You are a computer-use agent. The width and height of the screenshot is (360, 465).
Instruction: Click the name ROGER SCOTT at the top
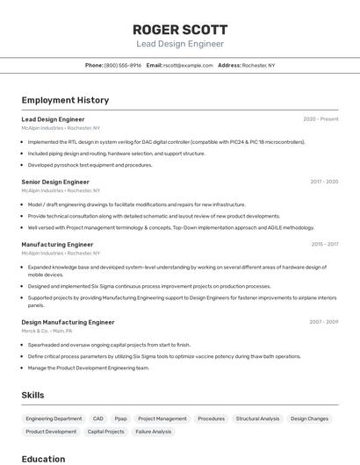pyautogui.click(x=179, y=29)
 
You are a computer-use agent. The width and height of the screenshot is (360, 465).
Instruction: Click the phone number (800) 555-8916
pyautogui.click(x=122, y=65)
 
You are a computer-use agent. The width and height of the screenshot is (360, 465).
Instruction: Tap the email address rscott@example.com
pyautogui.click(x=188, y=65)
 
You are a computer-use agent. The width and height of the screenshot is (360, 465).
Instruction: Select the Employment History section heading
pyautogui.click(x=65, y=100)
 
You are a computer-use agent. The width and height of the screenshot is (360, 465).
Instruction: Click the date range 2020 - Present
pyautogui.click(x=320, y=118)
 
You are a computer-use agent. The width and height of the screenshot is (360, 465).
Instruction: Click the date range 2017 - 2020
pyautogui.click(x=324, y=182)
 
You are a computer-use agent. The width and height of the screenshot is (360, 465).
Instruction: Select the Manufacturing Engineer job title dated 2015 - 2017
pyautogui.click(x=57, y=245)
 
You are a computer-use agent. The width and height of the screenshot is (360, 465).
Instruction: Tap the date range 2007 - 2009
pyautogui.click(x=324, y=322)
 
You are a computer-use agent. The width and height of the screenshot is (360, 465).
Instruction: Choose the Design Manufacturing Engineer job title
pyautogui.click(x=68, y=322)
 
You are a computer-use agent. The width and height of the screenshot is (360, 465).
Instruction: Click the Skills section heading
pyautogui.click(x=32, y=395)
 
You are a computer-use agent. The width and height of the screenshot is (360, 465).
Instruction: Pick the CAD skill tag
pyautogui.click(x=97, y=418)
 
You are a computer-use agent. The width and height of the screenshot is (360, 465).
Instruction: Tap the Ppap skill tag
pyautogui.click(x=121, y=418)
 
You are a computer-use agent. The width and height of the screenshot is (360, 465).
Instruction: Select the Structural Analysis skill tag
pyautogui.click(x=257, y=418)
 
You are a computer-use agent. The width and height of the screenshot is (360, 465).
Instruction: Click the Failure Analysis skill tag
pyautogui.click(x=153, y=432)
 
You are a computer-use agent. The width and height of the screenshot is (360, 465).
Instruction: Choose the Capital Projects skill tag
pyautogui.click(x=106, y=432)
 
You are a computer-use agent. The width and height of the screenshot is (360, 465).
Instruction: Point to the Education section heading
pyautogui.click(x=43, y=458)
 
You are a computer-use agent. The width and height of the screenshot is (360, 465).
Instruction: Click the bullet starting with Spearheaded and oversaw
pyautogui.click(x=109, y=345)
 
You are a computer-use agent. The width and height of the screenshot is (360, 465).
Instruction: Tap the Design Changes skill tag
pyautogui.click(x=309, y=418)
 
